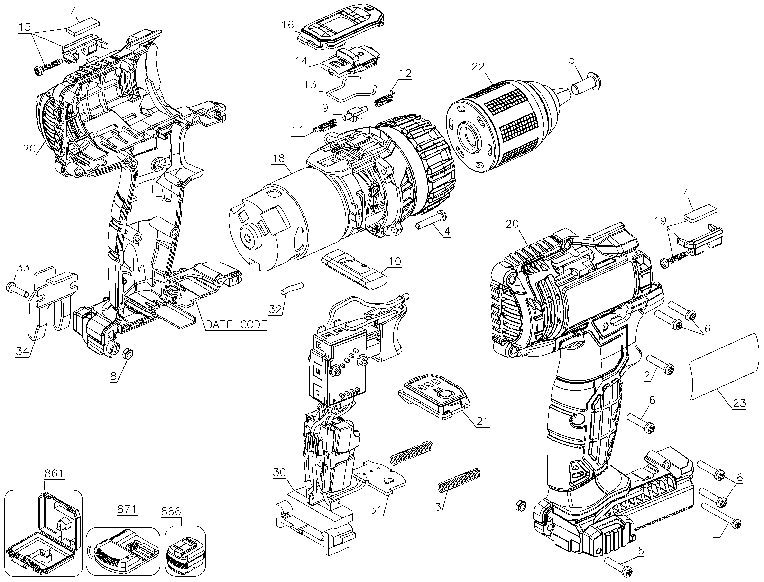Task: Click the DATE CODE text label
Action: (236, 325)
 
